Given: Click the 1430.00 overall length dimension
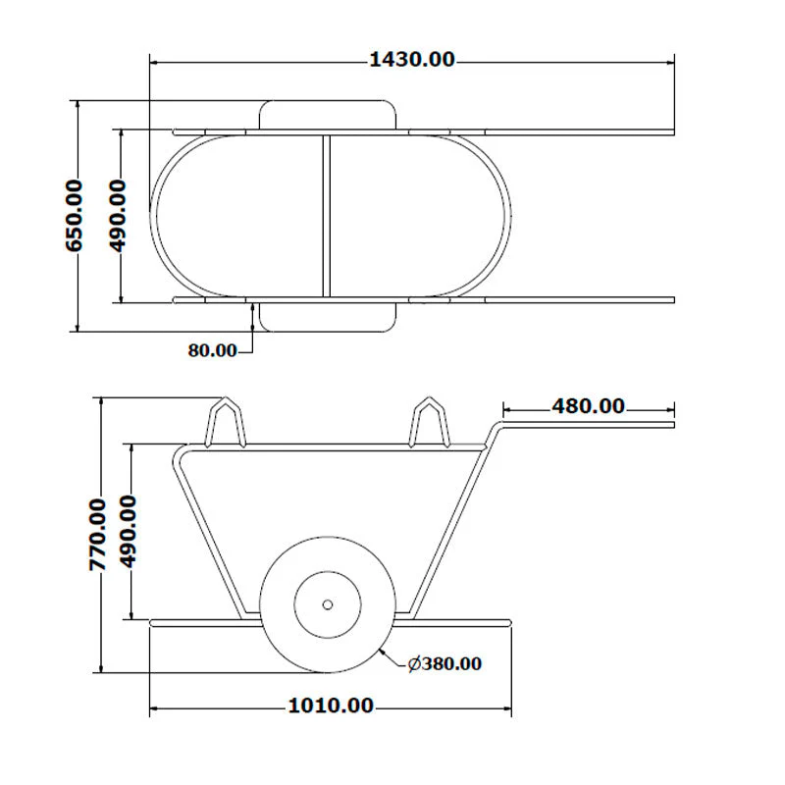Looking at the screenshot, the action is coord(411,60).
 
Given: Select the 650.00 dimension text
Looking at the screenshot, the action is coord(75,216).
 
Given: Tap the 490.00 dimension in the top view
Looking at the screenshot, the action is coord(118,216).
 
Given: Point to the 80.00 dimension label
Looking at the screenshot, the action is coord(212,350).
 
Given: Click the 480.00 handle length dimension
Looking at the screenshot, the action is coord(588,406).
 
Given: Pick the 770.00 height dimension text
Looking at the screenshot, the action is coord(97,535).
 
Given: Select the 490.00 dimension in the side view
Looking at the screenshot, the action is coord(128,532).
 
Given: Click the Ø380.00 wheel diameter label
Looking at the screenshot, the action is coord(445,664).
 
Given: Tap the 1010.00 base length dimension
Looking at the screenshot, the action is coord(331,706).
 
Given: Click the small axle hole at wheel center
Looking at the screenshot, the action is coord(328,604).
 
